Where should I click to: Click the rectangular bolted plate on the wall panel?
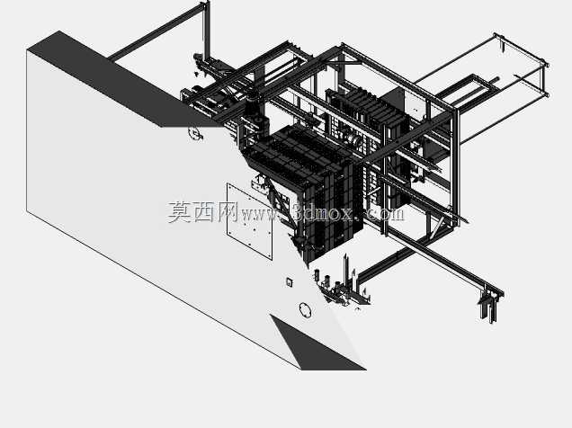(x=249, y=221)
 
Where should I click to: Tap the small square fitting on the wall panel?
(x=290, y=282)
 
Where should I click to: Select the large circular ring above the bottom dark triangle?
(x=305, y=310)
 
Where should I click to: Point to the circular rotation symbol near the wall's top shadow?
(x=195, y=133)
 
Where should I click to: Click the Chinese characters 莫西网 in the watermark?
(x=203, y=212)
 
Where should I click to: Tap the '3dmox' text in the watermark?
(x=323, y=213)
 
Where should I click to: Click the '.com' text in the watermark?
(x=384, y=214)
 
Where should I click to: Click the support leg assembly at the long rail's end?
(x=491, y=305)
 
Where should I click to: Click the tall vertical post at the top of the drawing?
(x=207, y=31)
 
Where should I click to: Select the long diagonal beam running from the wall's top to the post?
(x=156, y=31)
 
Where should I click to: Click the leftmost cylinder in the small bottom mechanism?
(x=317, y=275)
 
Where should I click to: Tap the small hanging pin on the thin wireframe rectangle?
(x=503, y=46)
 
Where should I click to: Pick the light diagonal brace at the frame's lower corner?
(x=439, y=227)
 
